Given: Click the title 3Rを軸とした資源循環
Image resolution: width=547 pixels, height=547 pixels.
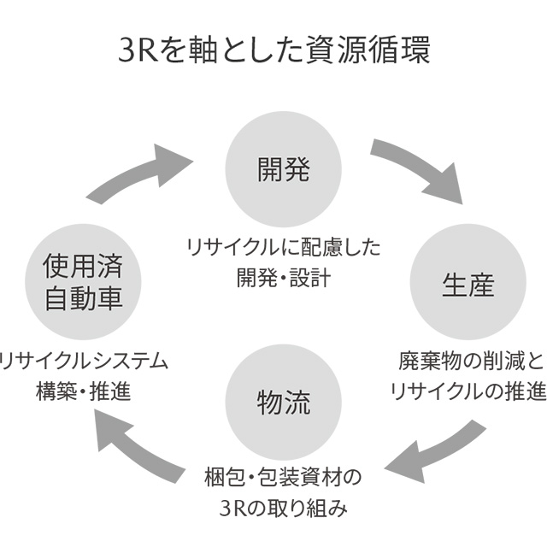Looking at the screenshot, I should click(273, 50).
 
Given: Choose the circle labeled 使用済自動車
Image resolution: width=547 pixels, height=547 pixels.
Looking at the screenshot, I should click(82, 282).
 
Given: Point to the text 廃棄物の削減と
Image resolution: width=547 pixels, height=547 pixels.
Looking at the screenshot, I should click(470, 361).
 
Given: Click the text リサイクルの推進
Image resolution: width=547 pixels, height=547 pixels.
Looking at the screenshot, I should click(468, 391).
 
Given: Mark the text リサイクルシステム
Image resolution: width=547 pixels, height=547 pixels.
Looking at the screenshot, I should click(84, 361).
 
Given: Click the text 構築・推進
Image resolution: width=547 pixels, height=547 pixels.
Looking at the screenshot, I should click(83, 391).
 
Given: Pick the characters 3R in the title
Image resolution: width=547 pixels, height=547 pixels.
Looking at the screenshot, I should click(135, 50).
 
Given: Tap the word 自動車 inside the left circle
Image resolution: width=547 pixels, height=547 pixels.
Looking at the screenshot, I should click(82, 298).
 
